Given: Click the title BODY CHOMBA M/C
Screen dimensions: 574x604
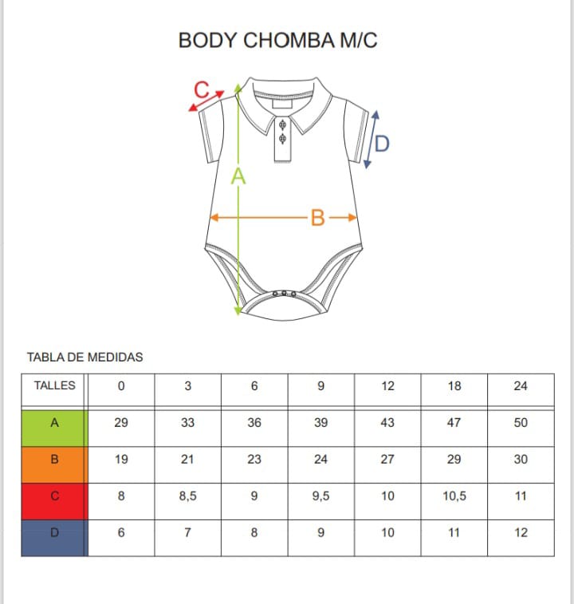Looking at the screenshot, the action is (x=277, y=41).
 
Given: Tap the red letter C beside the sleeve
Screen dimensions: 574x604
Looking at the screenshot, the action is (x=202, y=89).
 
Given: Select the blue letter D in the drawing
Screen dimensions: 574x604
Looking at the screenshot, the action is (x=382, y=144).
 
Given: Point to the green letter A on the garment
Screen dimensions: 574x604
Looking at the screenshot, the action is (x=238, y=176).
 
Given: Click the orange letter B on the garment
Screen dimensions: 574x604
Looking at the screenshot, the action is (x=317, y=218).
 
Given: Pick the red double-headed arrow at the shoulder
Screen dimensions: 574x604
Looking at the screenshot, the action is (x=206, y=101).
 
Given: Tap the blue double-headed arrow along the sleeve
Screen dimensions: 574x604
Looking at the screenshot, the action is (x=372, y=140).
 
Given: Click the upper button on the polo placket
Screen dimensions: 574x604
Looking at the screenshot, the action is (x=282, y=125).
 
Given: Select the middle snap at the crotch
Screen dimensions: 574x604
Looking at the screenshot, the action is (x=284, y=294).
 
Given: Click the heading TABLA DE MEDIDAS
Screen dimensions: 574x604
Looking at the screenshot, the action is (x=85, y=357).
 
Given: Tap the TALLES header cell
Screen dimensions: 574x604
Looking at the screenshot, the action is (x=55, y=385).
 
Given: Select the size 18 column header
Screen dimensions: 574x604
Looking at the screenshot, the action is (x=454, y=386).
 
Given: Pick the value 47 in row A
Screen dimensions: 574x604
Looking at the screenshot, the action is (x=454, y=423).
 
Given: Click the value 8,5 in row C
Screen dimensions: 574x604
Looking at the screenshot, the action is (x=188, y=495).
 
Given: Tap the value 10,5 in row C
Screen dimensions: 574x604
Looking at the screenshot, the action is (x=454, y=495).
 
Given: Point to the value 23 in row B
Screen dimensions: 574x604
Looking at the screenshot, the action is (x=254, y=459).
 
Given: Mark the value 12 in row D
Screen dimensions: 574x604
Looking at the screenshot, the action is (x=521, y=532).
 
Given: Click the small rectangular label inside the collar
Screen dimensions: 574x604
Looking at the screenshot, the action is (x=282, y=104).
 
